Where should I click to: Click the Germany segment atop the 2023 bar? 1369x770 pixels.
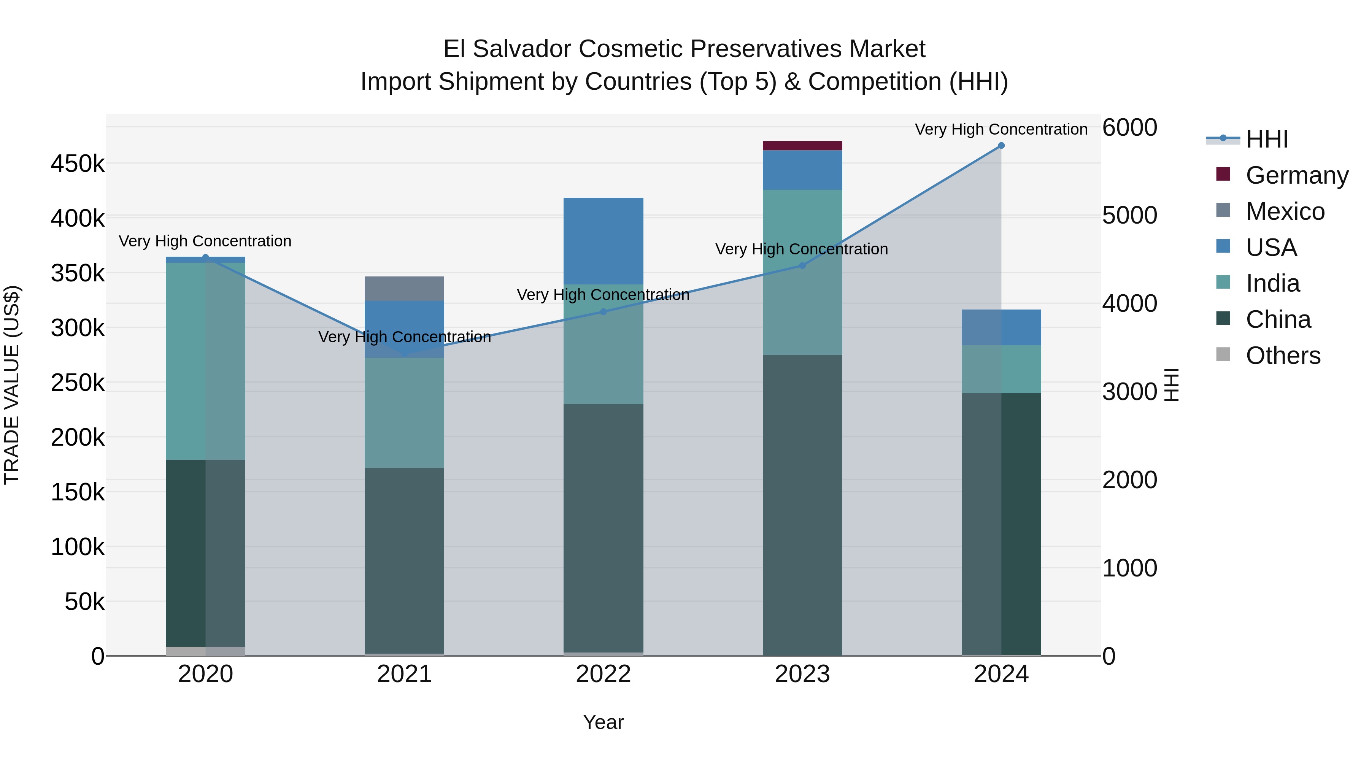coord(802,146)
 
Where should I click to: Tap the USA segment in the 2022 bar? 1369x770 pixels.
coord(603,241)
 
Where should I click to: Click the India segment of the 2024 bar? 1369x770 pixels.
coord(1001,369)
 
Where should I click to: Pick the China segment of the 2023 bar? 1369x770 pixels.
coord(802,505)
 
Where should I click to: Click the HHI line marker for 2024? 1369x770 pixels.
coord(1001,146)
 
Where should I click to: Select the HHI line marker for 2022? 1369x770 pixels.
coord(603,312)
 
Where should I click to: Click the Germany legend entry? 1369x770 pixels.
coord(1297,175)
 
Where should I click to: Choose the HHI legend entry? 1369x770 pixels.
coord(1267,139)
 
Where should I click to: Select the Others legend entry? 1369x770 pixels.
coord(1283,356)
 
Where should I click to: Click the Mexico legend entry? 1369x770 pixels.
coord(1285,211)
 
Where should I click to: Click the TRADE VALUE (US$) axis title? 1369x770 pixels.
coord(12,385)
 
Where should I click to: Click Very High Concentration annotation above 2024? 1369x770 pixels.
coord(1001,130)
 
